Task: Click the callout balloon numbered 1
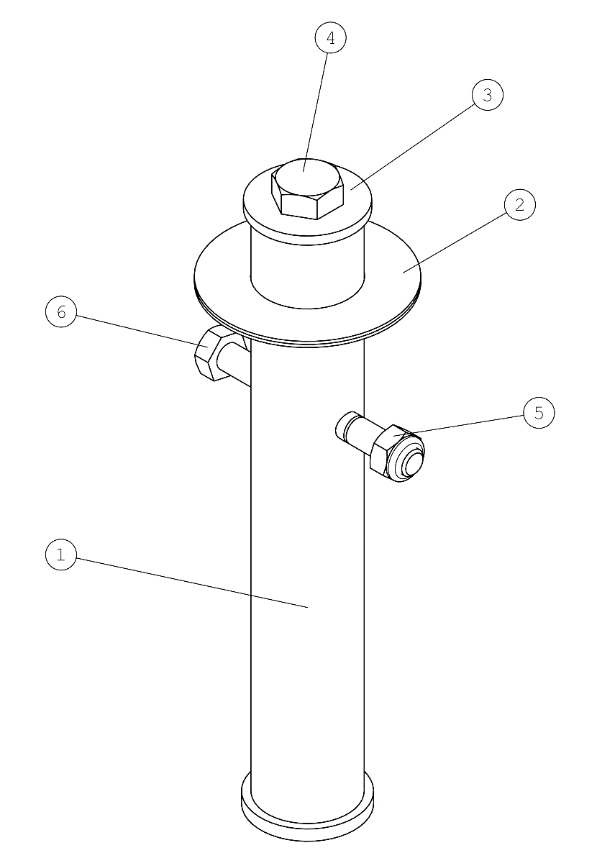coord(61,555)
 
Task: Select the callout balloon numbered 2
coord(520,205)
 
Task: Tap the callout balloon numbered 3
coord(487,95)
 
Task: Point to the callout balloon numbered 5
coord(539,412)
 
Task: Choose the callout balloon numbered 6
coord(61,313)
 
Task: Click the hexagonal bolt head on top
coord(307,188)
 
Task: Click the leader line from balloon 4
coord(316,111)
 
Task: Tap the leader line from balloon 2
coord(454,242)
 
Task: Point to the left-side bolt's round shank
coord(234,365)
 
